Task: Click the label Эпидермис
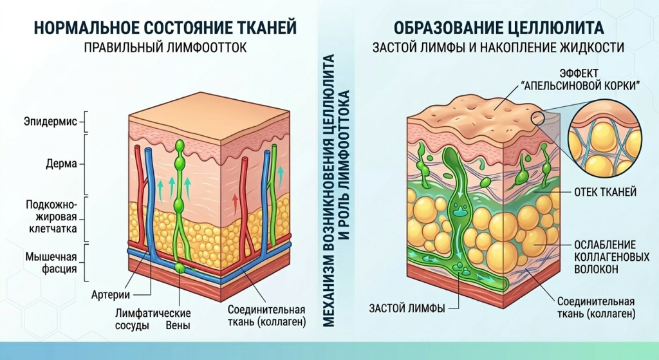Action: tap(50, 121)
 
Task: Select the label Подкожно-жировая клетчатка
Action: tap(51, 215)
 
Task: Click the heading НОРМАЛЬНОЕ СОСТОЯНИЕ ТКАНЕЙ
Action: tap(165, 28)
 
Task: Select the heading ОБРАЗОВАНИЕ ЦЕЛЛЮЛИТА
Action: tap(499, 28)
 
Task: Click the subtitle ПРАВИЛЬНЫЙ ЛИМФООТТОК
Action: tap(165, 48)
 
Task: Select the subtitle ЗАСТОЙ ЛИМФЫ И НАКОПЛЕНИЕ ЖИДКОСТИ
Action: tap(499, 48)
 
